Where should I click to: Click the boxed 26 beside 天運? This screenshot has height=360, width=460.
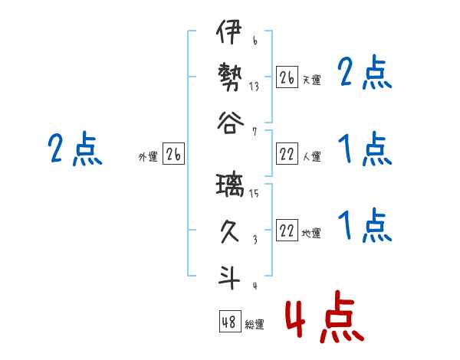(287, 77)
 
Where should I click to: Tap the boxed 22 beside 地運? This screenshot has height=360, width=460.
(287, 232)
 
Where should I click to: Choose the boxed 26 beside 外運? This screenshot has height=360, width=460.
(173, 155)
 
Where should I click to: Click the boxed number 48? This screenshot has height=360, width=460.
(229, 322)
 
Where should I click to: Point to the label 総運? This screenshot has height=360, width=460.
(255, 325)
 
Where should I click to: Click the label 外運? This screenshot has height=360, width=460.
(147, 157)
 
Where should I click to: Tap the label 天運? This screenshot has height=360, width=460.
(311, 80)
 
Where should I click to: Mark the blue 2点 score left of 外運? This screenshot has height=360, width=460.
(75, 149)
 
